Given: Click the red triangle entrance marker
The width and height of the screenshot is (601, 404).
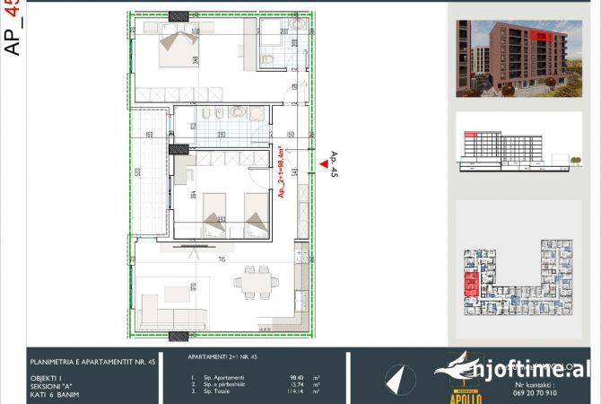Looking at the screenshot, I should click(325, 163).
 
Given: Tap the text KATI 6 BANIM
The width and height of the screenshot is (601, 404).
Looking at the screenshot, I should click(52, 392).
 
